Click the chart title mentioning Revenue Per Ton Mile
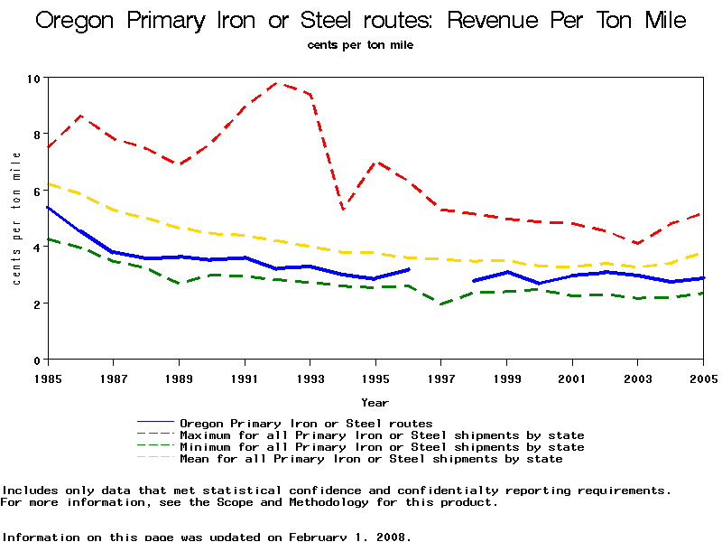coord(360,21)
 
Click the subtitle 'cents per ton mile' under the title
coord(360,44)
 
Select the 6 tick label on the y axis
coord(37,191)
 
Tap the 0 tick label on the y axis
coord(37,360)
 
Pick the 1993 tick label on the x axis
coord(310,378)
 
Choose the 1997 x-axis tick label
coord(441,378)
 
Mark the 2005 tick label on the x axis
coord(703,378)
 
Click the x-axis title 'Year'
coord(375,402)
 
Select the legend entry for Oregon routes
coord(306,423)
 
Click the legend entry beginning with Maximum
coord(382,435)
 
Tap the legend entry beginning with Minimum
coord(382,447)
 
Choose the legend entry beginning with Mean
coord(371,459)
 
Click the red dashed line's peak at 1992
coord(277,83)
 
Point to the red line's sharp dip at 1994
coord(343,209)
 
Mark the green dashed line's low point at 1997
coord(441,304)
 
